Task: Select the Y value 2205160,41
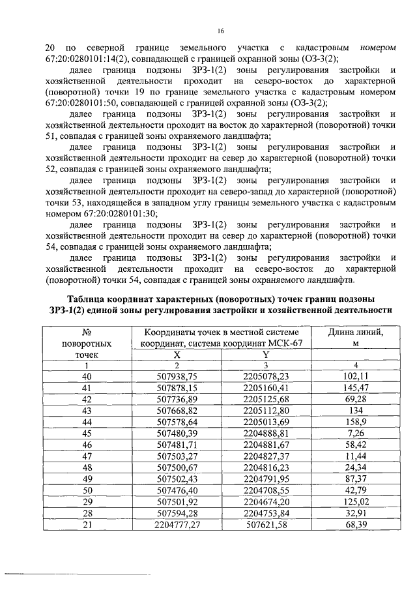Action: (x=265, y=387)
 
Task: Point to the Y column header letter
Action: (x=265, y=354)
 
